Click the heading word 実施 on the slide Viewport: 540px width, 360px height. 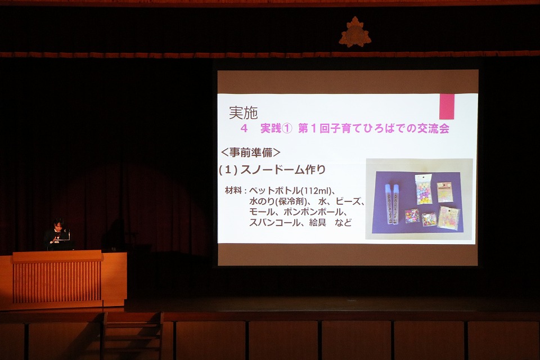pos(243,112)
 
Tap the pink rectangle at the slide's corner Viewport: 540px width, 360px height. pos(447,106)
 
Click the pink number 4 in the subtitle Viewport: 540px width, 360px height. pos(244,128)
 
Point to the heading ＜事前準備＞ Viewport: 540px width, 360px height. pos(250,152)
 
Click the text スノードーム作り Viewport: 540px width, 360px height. pos(283,169)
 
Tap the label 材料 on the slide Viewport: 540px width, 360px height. pos(233,190)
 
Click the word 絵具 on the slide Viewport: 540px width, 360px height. pos(317,223)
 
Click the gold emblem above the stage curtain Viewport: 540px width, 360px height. pos(355,32)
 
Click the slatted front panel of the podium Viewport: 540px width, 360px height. pos(57,282)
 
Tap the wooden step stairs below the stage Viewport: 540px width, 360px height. pos(133,336)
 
